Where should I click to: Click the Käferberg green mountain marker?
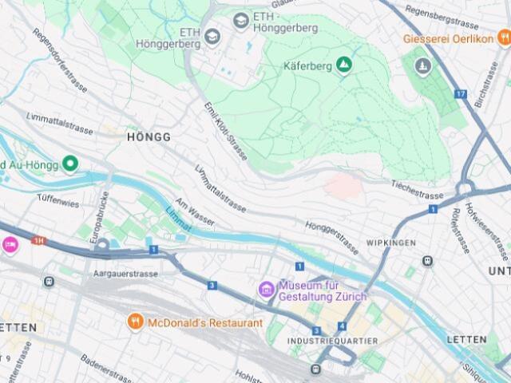click(343, 64)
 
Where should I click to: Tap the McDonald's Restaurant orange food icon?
click(136, 322)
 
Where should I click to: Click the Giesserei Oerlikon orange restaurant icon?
click(503, 37)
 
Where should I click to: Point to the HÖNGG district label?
click(149, 137)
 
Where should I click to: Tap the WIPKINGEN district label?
click(391, 242)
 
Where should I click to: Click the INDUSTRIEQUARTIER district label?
click(332, 341)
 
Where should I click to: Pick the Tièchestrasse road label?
click(417, 191)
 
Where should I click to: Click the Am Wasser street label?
click(195, 214)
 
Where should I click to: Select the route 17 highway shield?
click(460, 94)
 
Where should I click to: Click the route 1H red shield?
click(39, 239)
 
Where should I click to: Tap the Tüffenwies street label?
click(57, 203)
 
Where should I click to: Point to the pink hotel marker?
click(10, 244)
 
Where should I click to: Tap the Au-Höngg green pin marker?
click(70, 164)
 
